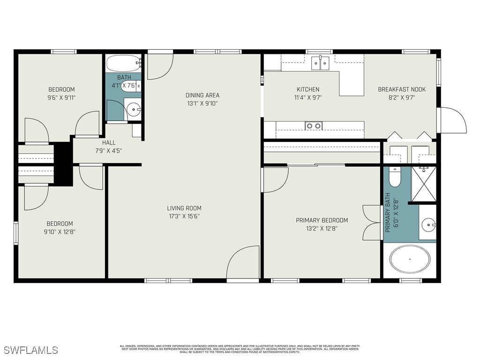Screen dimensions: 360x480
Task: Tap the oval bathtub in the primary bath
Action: pos(410,259)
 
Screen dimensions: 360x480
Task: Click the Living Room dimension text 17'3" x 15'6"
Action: pos(184,216)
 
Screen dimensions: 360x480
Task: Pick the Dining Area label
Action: pos(202,95)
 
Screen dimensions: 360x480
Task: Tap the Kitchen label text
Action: pos(308,90)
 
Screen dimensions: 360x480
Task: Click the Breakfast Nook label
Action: pos(402,90)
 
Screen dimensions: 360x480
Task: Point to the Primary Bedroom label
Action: pos(322,220)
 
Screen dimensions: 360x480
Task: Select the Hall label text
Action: pos(108,142)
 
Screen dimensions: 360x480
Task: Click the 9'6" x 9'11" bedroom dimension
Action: pos(61,98)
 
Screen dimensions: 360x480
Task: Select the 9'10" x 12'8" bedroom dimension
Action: pos(59,231)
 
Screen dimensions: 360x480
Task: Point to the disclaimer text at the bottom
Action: pos(240,349)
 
